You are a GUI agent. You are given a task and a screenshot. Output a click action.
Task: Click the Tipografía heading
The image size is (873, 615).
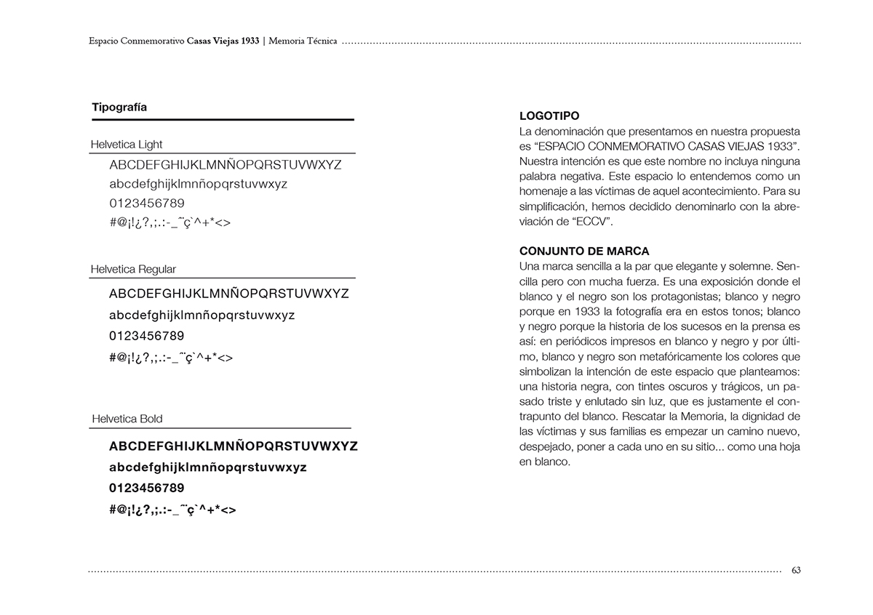pos(119,108)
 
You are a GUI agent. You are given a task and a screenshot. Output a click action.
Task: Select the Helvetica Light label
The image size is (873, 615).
pos(127,144)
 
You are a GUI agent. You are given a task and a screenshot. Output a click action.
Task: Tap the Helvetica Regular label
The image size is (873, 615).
pos(133,269)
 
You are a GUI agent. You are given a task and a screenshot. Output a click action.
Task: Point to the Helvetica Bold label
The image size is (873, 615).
pos(127,419)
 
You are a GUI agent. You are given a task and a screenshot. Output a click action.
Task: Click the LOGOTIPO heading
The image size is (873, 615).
pos(549,116)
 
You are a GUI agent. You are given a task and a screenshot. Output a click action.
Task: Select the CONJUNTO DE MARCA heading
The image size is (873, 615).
pos(584,252)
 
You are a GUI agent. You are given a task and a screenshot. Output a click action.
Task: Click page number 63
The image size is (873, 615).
pos(796,570)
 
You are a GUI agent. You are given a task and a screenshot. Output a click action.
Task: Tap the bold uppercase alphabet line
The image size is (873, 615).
pos(233,446)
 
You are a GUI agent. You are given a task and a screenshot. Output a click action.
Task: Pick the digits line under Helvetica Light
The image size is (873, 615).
pos(147,203)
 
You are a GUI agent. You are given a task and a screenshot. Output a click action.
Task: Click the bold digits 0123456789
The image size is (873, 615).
pos(147,488)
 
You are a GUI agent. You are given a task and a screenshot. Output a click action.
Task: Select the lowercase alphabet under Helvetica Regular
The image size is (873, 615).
pos(202,315)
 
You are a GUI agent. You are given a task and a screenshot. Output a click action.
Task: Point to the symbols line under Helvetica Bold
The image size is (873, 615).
pos(172,510)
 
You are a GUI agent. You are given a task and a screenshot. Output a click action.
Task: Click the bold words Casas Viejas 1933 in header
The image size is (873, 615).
pos(223,41)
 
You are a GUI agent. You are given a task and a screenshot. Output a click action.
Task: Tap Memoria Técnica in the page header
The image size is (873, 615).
pos(303,41)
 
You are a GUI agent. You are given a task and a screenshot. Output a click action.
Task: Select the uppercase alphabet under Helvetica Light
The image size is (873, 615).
pos(225,165)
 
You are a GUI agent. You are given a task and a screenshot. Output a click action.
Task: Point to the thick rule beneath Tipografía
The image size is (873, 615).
pos(223,119)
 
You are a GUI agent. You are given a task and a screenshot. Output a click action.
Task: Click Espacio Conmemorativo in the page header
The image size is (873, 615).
pos(136,41)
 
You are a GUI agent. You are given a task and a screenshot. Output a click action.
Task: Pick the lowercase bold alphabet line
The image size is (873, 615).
pos(207,467)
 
